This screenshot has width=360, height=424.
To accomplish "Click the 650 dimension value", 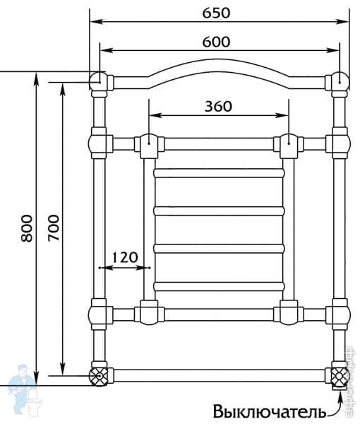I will tap(218, 12).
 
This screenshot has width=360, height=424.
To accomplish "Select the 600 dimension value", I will tap(218, 41).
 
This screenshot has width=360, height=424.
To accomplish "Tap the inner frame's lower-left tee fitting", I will tap(149, 311).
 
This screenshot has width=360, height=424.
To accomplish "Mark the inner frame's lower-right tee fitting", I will tap(288, 311).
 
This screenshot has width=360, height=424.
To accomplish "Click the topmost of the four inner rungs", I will tap(218, 172).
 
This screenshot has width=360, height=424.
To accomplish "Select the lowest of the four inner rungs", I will tap(218, 286).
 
